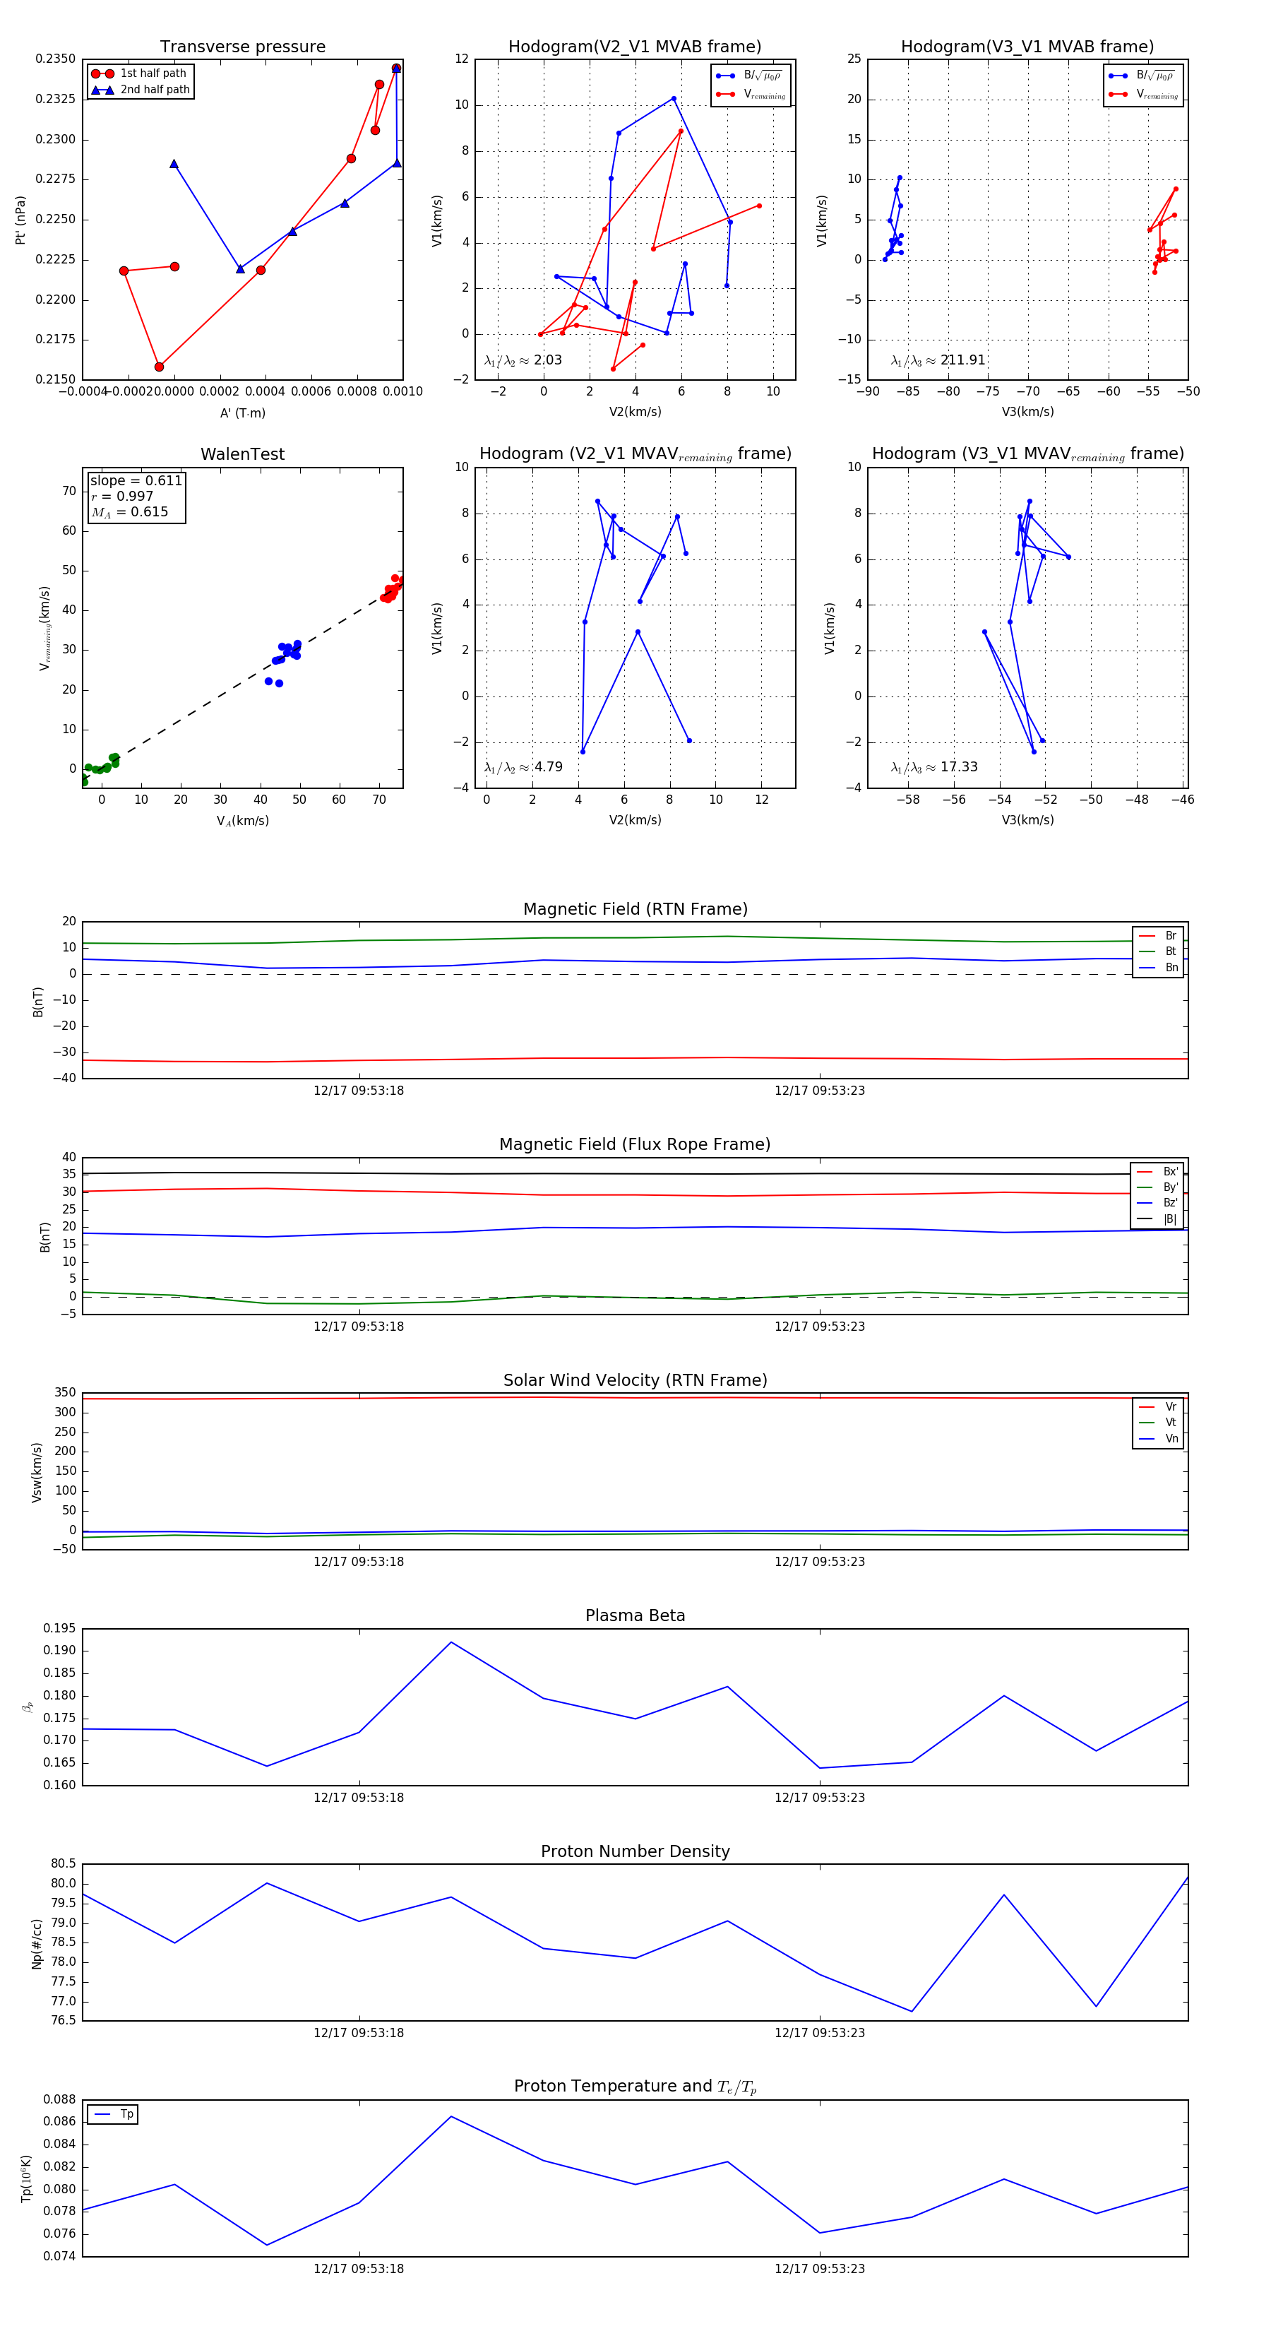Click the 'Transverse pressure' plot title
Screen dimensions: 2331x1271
242,47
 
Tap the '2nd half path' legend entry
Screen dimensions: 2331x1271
155,90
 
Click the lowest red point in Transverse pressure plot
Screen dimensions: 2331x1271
159,367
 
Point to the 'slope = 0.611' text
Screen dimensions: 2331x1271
136,480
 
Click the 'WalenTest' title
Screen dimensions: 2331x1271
242,454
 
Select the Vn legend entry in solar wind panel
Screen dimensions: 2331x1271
1171,1439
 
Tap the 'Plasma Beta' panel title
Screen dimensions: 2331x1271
635,1616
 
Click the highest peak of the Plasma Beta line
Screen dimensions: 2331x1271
451,1642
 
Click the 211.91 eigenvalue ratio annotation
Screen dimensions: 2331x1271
962,360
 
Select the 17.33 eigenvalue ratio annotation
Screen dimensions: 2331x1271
958,767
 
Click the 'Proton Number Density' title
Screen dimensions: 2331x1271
635,1851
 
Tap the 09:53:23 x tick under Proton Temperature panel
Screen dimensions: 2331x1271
820,2269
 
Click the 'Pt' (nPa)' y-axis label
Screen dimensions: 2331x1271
20,220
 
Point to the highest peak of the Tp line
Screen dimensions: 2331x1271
451,2116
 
